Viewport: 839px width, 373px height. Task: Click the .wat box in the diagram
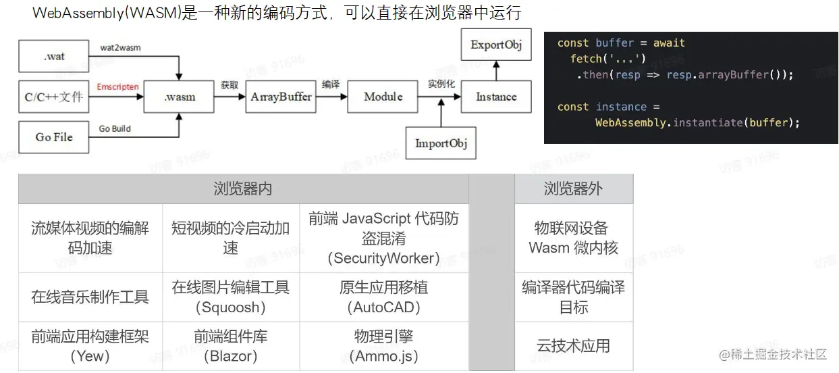pos(53,56)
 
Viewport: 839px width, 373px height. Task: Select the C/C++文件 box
pos(53,97)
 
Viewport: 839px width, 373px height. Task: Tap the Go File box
pos(53,137)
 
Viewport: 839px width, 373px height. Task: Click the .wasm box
pos(180,97)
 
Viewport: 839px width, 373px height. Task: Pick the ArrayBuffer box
pos(281,97)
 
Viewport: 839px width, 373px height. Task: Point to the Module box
pos(383,97)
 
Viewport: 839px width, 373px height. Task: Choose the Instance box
pos(496,97)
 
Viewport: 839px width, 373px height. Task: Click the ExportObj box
pos(496,45)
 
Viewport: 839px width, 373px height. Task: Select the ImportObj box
pos(441,143)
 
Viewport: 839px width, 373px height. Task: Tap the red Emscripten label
pos(117,87)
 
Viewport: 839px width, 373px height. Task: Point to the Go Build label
pos(115,128)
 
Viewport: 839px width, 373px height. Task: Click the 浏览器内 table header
pos(243,189)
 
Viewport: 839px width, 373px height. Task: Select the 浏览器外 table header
pos(574,189)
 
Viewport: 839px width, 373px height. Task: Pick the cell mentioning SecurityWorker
pos(383,238)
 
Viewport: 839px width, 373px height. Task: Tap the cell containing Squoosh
pos(231,297)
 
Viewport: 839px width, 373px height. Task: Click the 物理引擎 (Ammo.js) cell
pos(383,346)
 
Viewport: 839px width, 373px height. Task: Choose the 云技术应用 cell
pos(574,346)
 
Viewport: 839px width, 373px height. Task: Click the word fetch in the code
pos(587,59)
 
